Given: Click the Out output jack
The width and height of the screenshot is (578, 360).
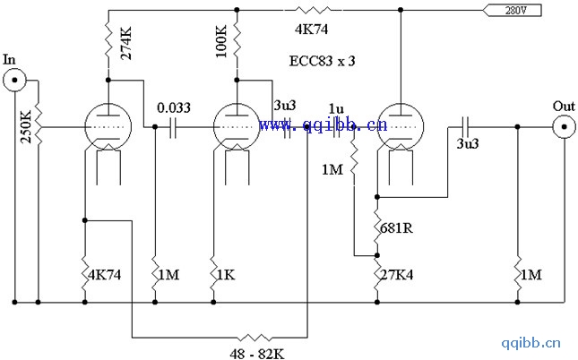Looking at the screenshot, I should [563, 127].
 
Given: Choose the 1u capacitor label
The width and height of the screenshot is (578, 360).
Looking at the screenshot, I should [336, 107].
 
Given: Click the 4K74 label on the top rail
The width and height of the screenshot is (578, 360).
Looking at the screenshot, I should [311, 28].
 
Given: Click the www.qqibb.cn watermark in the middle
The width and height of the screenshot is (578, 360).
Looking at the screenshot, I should [324, 125].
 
